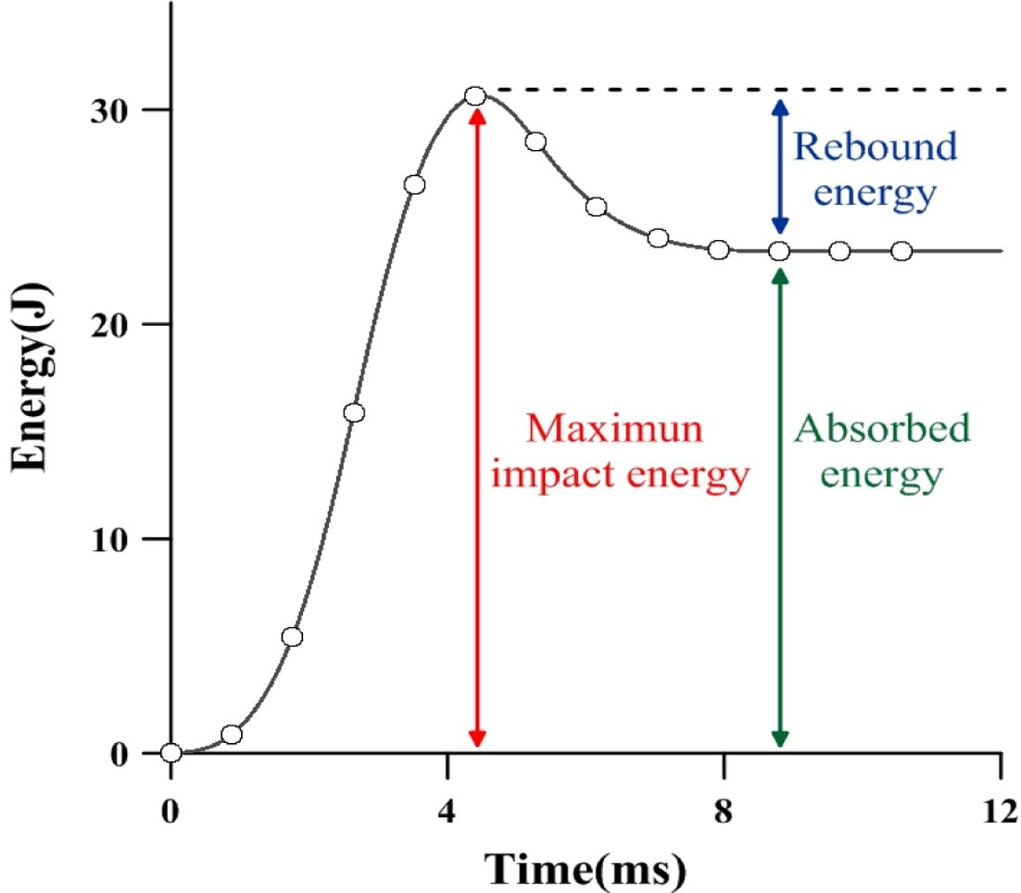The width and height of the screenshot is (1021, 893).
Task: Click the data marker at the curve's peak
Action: point(475,96)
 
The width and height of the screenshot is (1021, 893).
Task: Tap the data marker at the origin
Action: point(170,752)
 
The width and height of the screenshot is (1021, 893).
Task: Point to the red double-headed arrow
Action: point(476,426)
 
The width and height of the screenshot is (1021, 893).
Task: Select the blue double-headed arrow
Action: point(779,167)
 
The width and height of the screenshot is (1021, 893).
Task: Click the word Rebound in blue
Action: point(876,147)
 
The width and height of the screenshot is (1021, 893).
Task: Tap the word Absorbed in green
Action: point(883,430)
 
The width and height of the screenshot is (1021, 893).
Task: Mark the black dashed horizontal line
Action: point(741,90)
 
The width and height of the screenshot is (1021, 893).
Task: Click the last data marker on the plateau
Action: point(901,251)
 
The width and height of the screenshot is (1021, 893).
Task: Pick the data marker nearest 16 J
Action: point(353,412)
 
